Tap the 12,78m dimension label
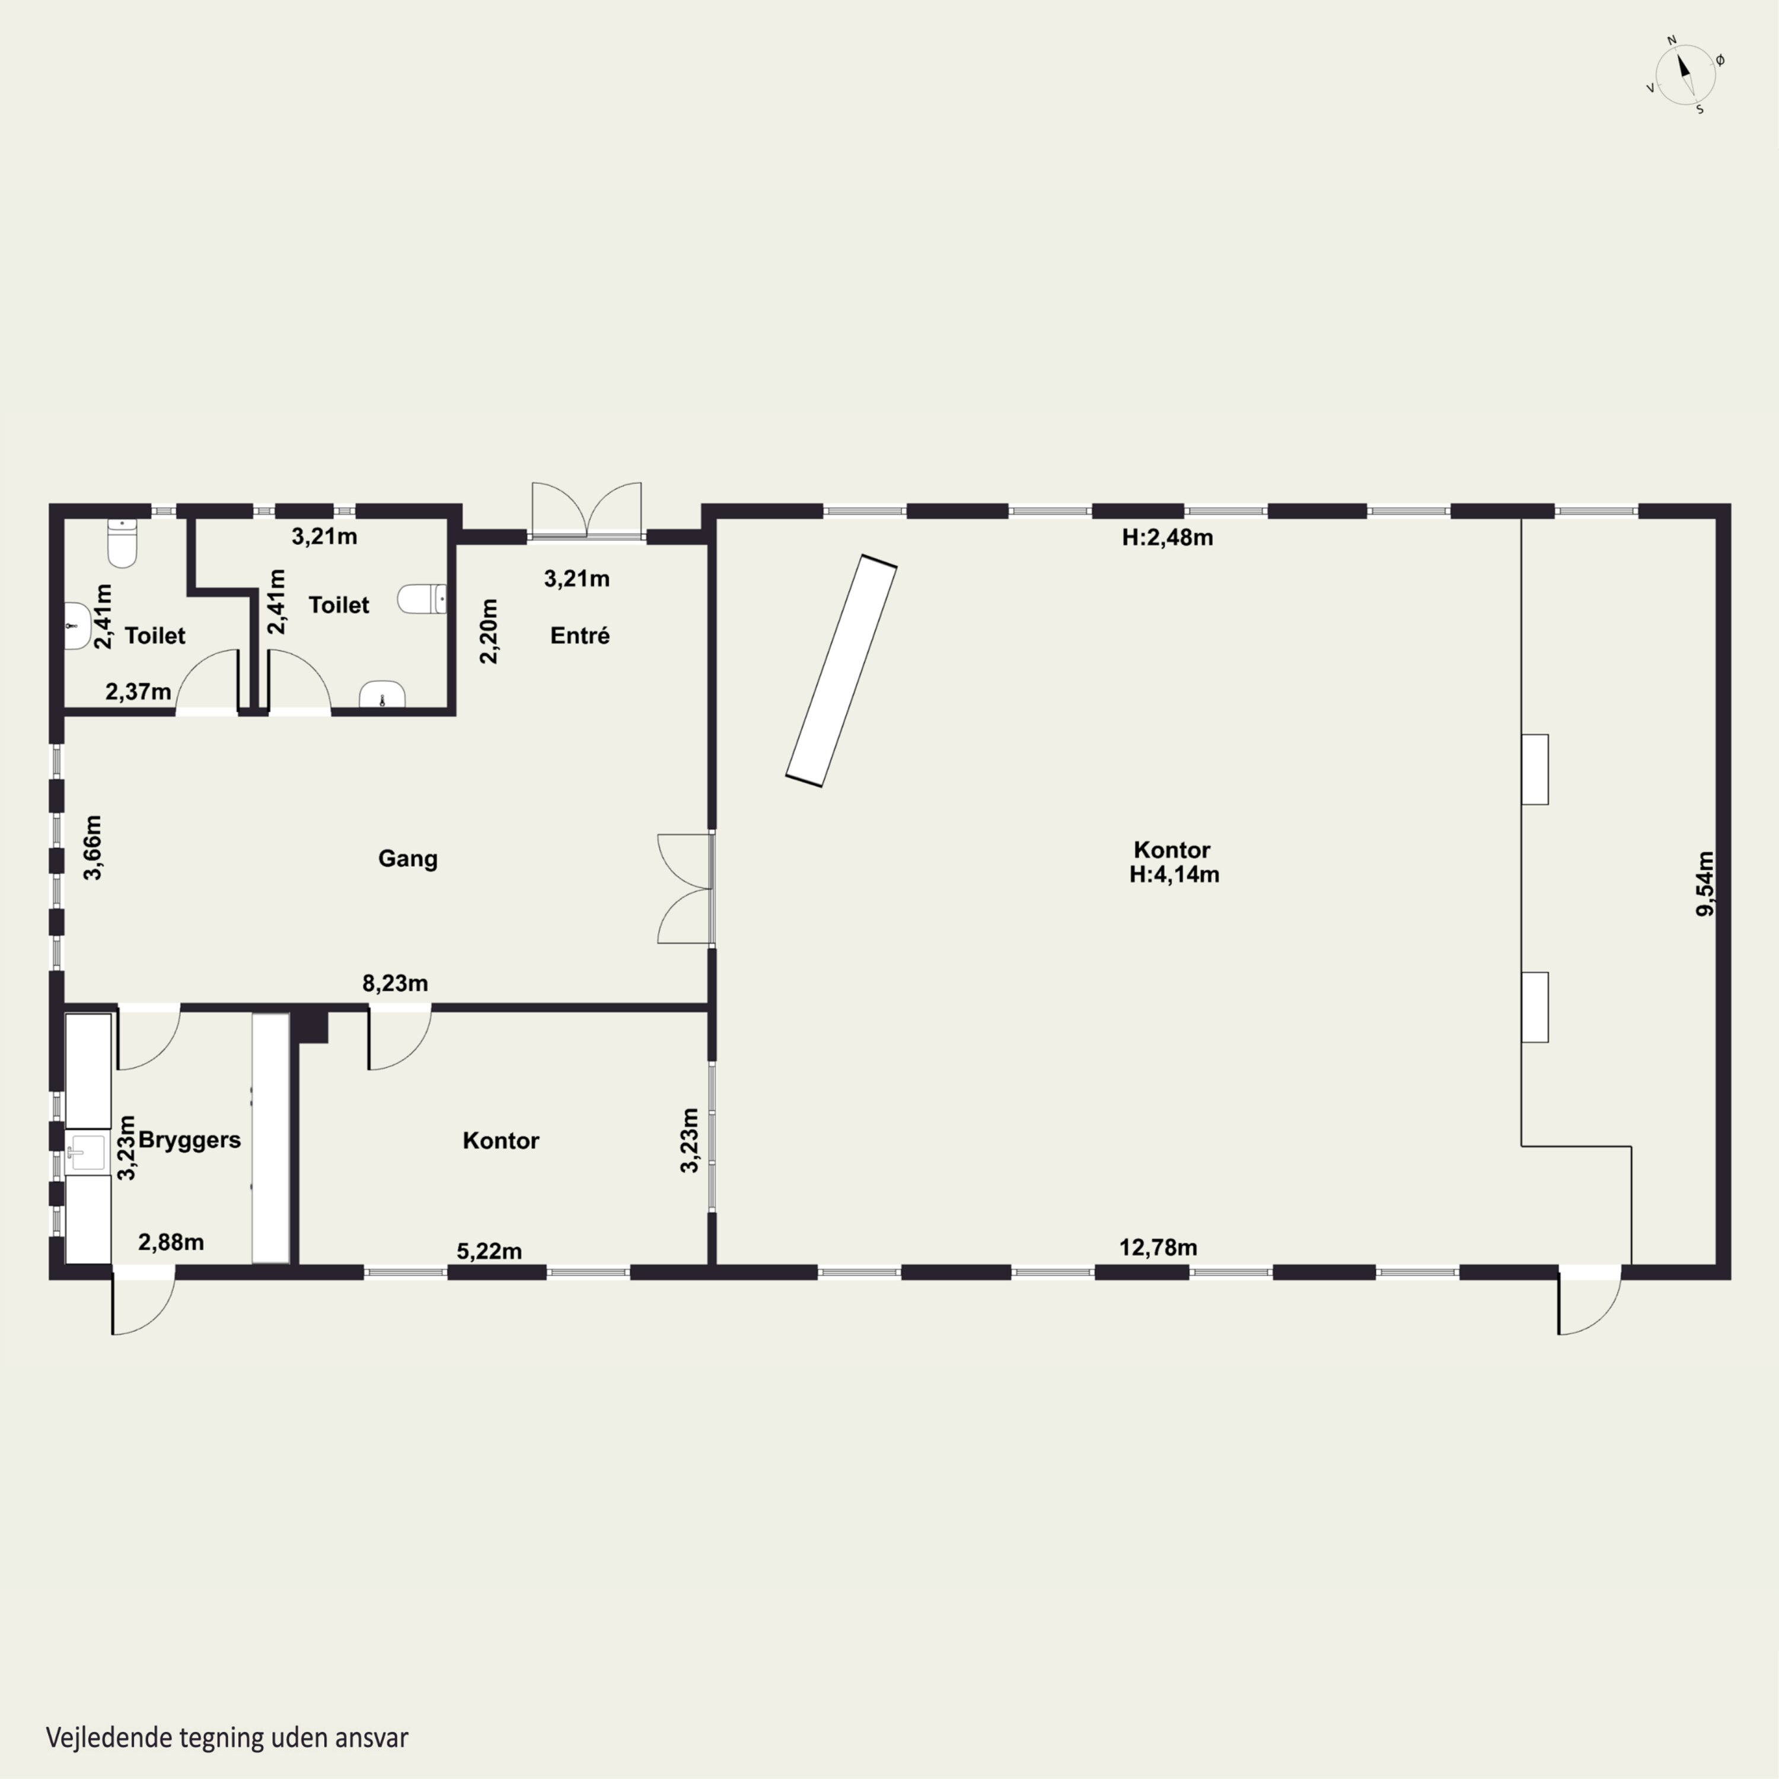click(1158, 1248)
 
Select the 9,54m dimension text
click(1705, 884)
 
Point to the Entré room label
click(579, 635)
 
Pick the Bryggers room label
click(190, 1140)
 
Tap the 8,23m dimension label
click(395, 983)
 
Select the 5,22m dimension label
click(489, 1251)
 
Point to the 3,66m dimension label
click(93, 847)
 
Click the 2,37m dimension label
click(138, 691)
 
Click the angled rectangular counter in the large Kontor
click(841, 670)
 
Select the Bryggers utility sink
click(88, 1152)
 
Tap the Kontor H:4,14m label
click(1173, 862)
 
